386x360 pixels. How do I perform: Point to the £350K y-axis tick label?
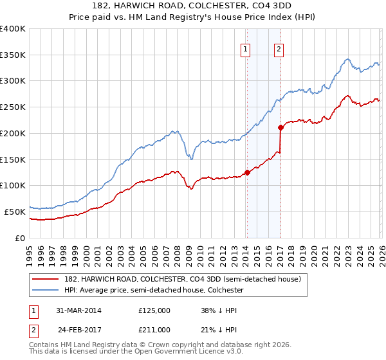pos(13,55)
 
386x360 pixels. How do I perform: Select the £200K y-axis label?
pos(13,133)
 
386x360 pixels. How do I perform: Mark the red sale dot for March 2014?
pos(246,172)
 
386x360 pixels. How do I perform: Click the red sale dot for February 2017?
pos(280,127)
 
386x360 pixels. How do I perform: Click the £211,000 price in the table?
pos(154,330)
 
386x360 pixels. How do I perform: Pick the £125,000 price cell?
pos(154,310)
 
